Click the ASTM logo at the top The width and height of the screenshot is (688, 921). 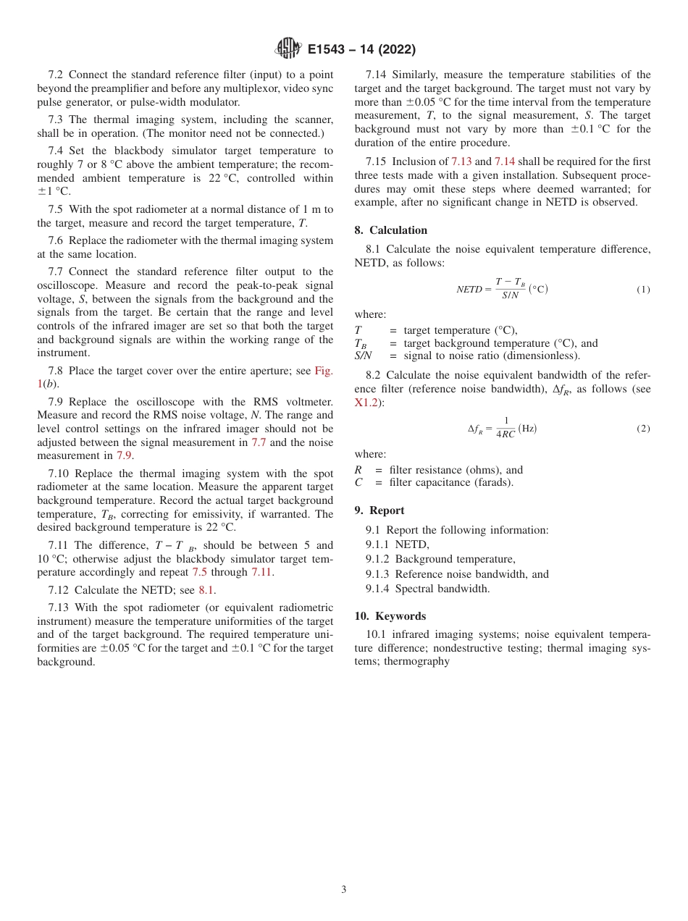tap(288, 49)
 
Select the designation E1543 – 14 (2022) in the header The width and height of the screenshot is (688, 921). tap(361, 50)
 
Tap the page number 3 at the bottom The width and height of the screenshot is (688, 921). tap(344, 889)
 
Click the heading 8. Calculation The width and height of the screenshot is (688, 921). tap(390, 230)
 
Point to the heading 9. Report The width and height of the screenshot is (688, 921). tap(379, 510)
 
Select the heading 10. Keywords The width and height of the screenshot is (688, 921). tap(390, 616)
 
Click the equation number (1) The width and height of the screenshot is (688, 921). tap(643, 290)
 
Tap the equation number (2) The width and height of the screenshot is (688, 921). tap(643, 429)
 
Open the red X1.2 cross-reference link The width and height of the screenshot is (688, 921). tap(366, 403)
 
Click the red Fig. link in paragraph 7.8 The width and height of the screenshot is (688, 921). tap(323, 371)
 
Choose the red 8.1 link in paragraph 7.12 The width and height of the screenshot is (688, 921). tap(206, 590)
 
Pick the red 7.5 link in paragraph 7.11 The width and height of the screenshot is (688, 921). tap(199, 573)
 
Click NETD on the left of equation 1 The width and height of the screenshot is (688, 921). tap(469, 290)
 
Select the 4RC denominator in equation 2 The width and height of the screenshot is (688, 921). tap(505, 435)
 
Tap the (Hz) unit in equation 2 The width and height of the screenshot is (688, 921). tap(527, 429)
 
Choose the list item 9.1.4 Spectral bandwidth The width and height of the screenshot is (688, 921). tap(427, 589)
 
